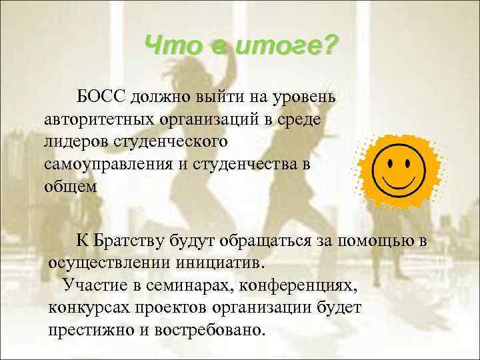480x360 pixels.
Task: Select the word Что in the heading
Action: coord(169,47)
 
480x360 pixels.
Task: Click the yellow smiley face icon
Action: coord(401,163)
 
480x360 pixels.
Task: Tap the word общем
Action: coord(71,186)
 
